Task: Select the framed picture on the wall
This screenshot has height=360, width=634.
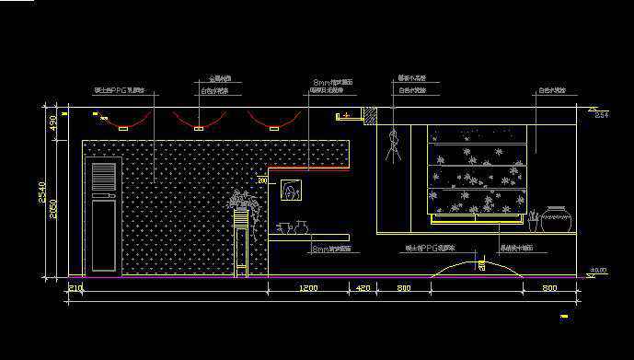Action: tap(292, 191)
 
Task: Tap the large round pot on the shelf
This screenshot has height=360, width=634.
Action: tap(557, 219)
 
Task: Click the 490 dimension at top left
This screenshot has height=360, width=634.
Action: tap(52, 122)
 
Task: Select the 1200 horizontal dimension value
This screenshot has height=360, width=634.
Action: tap(308, 289)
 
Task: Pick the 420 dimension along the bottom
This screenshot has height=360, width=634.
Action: tap(363, 289)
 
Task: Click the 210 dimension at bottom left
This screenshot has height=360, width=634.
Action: tap(75, 289)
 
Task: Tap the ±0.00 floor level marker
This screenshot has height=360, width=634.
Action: tap(598, 271)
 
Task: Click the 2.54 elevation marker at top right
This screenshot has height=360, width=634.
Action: tap(602, 115)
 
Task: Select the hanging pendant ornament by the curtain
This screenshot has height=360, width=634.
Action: tap(396, 144)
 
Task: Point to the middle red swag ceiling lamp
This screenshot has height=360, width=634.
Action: tap(199, 121)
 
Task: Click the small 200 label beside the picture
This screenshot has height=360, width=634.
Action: tap(262, 182)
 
